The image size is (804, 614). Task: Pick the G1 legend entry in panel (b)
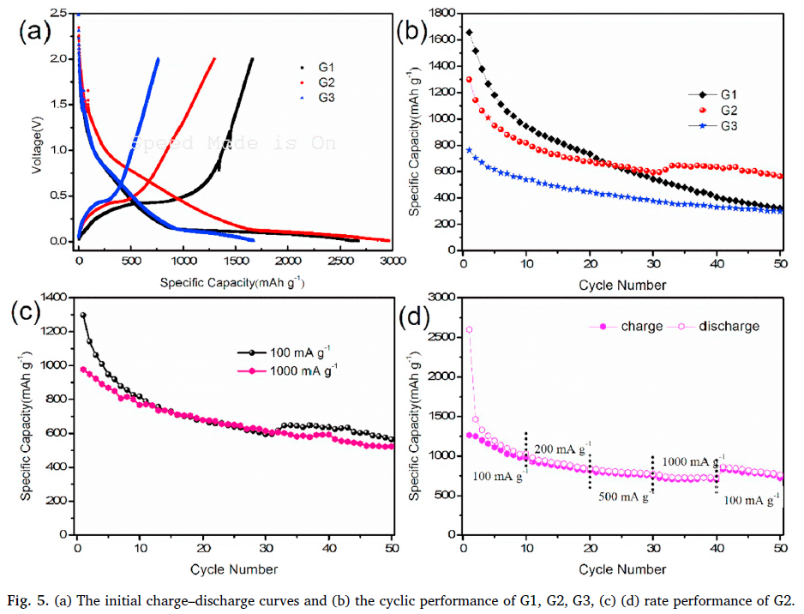[729, 93]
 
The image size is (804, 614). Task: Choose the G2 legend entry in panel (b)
[729, 110]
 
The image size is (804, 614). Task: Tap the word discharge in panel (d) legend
[729, 326]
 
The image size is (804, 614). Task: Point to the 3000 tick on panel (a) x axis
[390, 259]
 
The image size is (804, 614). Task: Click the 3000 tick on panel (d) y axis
[439, 298]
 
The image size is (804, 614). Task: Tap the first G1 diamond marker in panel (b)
[469, 33]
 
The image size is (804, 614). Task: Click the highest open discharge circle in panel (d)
[469, 329]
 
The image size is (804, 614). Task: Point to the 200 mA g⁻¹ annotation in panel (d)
[562, 449]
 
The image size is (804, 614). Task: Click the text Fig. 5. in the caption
[27, 598]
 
